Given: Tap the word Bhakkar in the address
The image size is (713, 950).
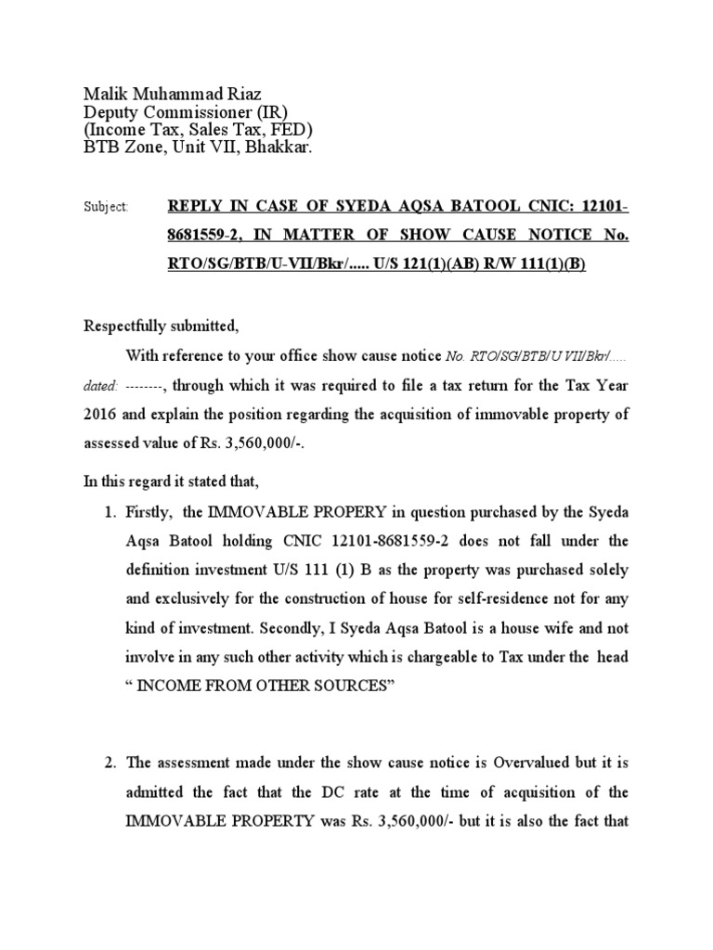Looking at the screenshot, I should [x=279, y=147].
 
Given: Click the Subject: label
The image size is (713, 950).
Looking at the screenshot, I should [x=106, y=208].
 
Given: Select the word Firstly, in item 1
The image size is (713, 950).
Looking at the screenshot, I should [x=155, y=513].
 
